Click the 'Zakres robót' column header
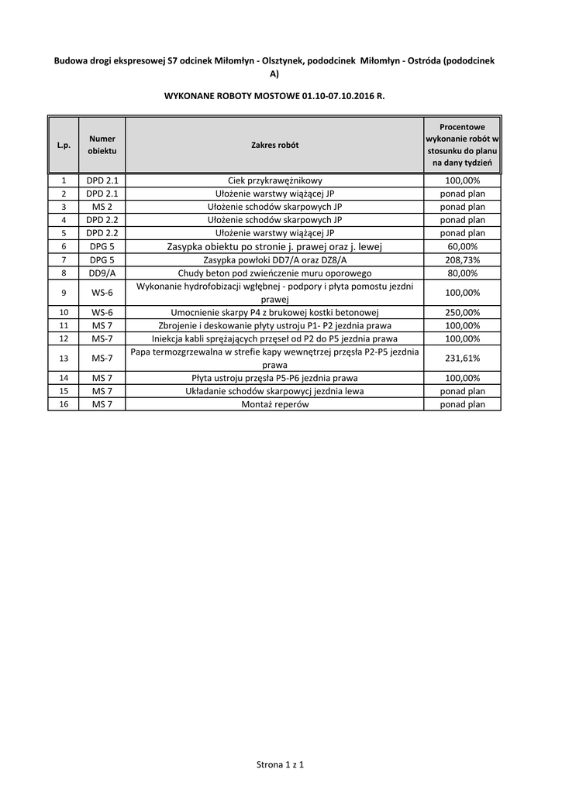tap(274, 145)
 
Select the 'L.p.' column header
tap(64, 145)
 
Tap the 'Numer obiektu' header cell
tap(102, 145)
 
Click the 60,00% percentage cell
tap(463, 246)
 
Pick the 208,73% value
tap(463, 259)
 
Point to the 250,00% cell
tap(463, 312)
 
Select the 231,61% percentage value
tap(463, 358)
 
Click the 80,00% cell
tap(463, 273)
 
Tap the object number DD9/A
tap(102, 273)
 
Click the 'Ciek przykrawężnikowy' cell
tap(274, 180)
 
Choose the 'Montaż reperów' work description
tap(274, 404)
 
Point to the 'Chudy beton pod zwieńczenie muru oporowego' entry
tap(274, 273)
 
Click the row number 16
tap(64, 404)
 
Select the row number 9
tap(64, 292)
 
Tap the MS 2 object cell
tap(102, 207)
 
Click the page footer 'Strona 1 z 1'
tap(280, 765)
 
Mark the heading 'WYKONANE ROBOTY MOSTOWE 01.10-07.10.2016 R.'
tap(274, 98)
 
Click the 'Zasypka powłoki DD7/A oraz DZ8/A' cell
tap(274, 259)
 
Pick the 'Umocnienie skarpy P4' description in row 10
tap(274, 312)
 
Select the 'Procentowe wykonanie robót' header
tap(463, 145)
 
